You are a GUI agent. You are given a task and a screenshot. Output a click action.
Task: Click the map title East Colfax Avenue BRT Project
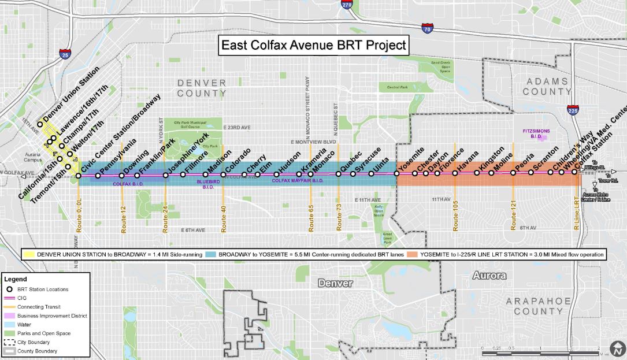313,45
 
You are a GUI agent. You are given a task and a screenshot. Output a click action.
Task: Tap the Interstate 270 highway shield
347,5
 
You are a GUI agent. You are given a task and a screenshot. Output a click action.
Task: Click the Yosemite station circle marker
397,173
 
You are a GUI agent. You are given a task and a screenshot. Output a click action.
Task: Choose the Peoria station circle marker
513,172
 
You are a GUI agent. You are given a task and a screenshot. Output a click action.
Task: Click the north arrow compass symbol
618,350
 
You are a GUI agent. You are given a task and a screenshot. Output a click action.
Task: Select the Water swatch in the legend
12,325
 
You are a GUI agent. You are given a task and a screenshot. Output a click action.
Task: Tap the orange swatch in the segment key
412,254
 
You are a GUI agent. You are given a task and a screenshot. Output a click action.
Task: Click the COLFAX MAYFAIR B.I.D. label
298,181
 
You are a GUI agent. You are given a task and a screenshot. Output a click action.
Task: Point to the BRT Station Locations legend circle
11,289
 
